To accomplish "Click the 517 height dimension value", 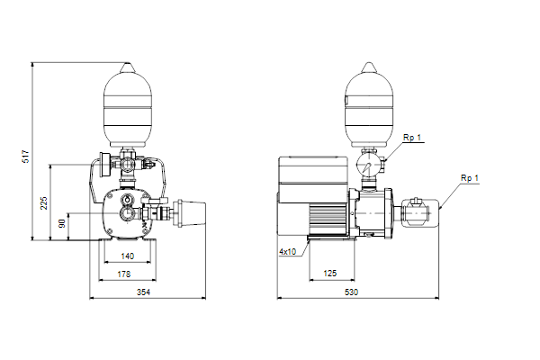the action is pyautogui.click(x=26, y=157).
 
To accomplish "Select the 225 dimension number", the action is pyautogui.click(x=44, y=203).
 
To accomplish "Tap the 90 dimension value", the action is pyautogui.click(x=62, y=223).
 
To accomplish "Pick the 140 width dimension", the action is pyautogui.click(x=128, y=256).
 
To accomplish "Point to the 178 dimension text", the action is pyautogui.click(x=124, y=274).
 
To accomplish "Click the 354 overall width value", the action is pyautogui.click(x=144, y=292).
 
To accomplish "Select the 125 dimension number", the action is pyautogui.click(x=330, y=274).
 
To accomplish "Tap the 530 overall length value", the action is pyautogui.click(x=351, y=292).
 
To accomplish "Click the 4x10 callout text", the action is pyautogui.click(x=288, y=252).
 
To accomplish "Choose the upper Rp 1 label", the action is pyautogui.click(x=412, y=138).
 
